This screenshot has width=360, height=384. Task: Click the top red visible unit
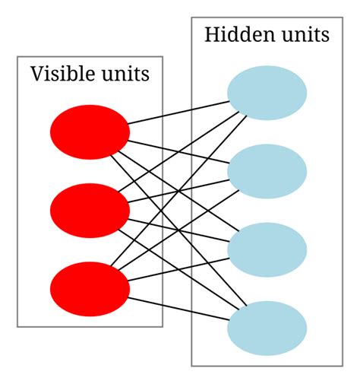pyautogui.click(x=90, y=132)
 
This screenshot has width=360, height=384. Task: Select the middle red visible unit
pyautogui.click(x=90, y=210)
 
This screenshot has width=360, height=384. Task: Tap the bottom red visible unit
pyautogui.click(x=90, y=289)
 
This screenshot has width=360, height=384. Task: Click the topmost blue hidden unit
pyautogui.click(x=267, y=93)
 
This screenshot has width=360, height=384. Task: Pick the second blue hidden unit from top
pyautogui.click(x=267, y=171)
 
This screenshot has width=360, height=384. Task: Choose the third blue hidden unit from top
pyautogui.click(x=267, y=249)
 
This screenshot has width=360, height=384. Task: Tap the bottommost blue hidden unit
pyautogui.click(x=267, y=328)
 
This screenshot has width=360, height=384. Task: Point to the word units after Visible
pyautogui.click(x=125, y=75)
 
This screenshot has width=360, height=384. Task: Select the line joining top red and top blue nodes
pyautogui.click(x=178, y=112)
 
